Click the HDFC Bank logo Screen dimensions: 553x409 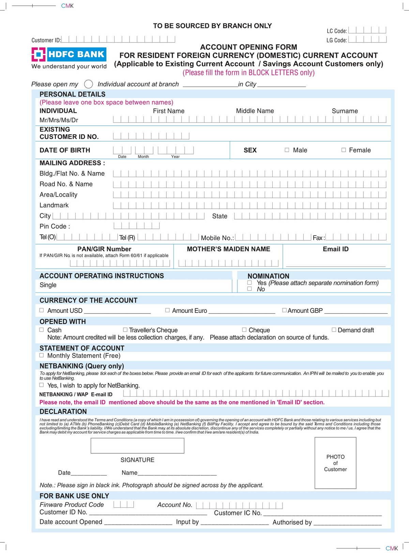tap(69, 54)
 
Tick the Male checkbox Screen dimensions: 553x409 tap(287, 150)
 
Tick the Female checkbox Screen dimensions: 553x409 tap(344, 150)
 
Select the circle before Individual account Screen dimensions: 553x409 tap(89, 84)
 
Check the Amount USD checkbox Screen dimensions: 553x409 tap(42, 310)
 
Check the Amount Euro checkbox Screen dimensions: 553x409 tap(167, 310)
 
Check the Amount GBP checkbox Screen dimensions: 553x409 tap(284, 310)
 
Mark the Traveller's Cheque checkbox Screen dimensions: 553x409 tap(125, 330)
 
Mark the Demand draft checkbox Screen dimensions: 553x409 tap(334, 330)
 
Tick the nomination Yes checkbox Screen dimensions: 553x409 tap(249, 283)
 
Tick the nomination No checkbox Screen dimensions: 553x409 tap(249, 289)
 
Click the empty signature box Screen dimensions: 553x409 tap(137, 445)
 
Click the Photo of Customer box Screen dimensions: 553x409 tap(335, 463)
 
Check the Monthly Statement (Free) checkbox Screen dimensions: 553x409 tap(42, 355)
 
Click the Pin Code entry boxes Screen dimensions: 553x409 tap(136, 226)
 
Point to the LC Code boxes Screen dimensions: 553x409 tap(367, 30)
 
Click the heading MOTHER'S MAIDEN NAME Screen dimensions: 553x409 tap(228, 249)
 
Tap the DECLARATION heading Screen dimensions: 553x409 tap(63, 411)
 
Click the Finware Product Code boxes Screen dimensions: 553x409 tap(123, 504)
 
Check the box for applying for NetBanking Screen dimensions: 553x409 tap(42, 385)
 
